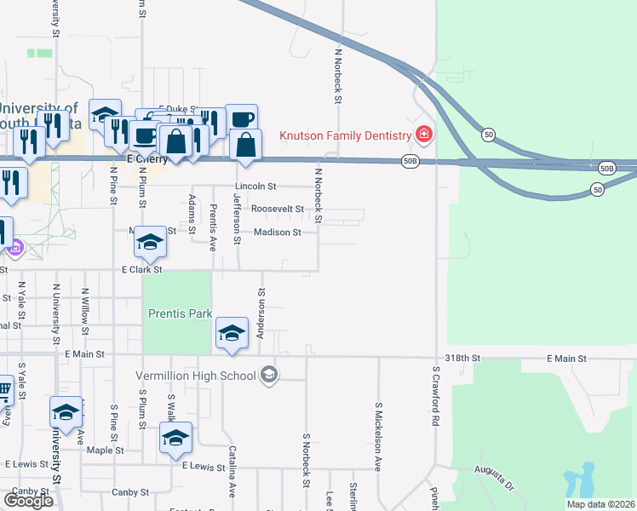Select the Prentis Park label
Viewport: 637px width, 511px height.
180,313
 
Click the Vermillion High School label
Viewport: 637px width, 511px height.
196,376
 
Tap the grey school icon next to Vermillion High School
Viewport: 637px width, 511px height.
269,375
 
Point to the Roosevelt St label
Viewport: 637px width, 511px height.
276,209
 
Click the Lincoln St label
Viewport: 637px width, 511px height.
256,186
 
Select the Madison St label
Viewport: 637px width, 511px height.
277,232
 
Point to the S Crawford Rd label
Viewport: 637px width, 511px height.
434,397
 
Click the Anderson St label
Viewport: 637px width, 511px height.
261,313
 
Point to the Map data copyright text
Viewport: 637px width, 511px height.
600,504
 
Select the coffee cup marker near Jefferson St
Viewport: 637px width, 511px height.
241,119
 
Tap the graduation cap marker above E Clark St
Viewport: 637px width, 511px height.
150,244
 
